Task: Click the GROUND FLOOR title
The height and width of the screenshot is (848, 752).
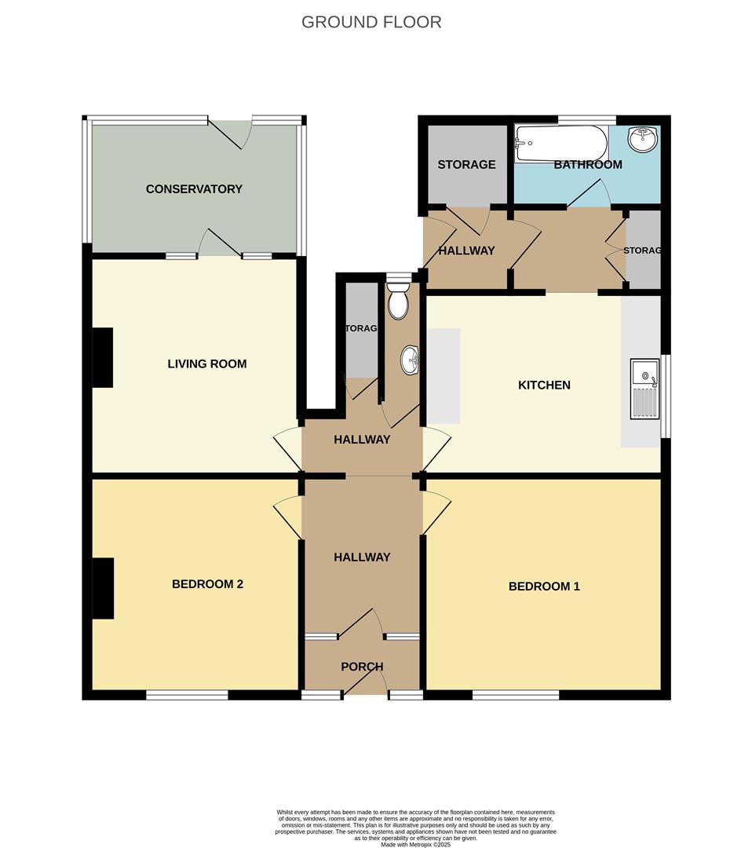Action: (371, 22)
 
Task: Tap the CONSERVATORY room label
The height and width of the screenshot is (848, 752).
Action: (194, 189)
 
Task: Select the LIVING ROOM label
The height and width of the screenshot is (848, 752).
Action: (207, 364)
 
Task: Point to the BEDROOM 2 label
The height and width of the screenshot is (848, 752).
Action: (207, 584)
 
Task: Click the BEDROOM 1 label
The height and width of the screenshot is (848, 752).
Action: (544, 586)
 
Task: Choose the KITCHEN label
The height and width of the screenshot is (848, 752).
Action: (544, 385)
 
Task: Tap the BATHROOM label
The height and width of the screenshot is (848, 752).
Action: (588, 165)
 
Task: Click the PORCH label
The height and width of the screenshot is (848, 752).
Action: (362, 667)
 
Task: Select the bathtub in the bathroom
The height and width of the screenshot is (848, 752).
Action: (560, 144)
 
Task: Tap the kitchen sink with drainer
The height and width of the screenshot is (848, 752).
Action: (644, 389)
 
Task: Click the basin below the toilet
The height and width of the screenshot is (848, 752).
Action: (409, 360)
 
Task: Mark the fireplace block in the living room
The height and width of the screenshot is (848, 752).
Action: (103, 358)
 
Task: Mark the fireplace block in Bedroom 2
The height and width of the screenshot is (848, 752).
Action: (103, 588)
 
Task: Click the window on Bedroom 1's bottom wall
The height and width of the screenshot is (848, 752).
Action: (516, 695)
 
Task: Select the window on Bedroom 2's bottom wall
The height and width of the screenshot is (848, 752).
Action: (187, 695)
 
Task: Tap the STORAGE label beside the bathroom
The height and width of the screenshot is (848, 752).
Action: (466, 165)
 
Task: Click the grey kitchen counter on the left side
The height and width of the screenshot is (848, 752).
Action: (444, 376)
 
